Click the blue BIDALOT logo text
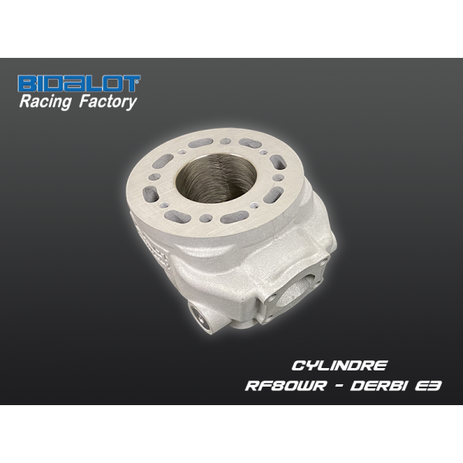(x=79, y=83)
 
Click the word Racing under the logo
(x=46, y=102)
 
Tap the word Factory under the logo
(x=107, y=102)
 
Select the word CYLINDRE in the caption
(x=339, y=366)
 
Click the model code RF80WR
(x=286, y=386)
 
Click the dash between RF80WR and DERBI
(x=338, y=386)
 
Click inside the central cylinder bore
(x=216, y=179)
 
